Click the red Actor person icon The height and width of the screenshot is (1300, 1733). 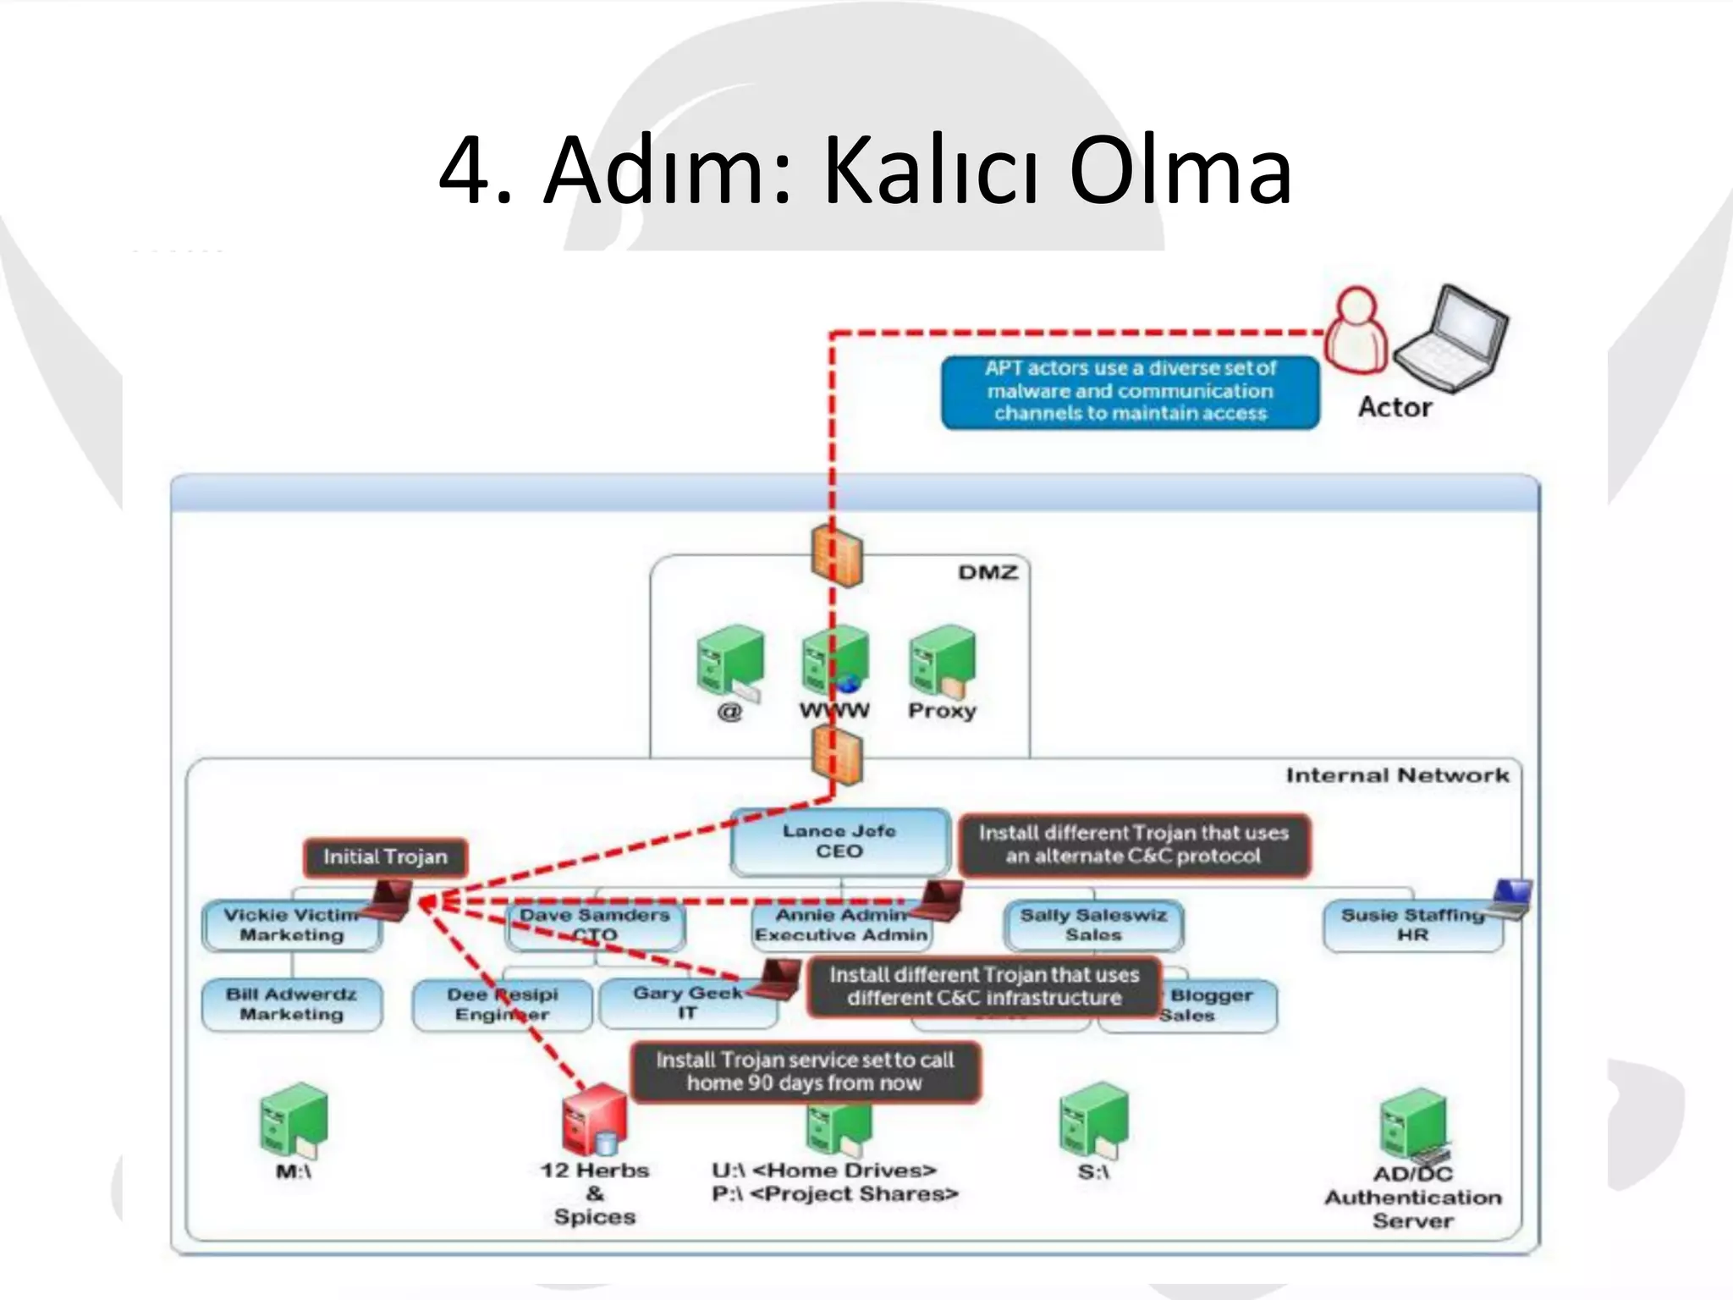(1356, 332)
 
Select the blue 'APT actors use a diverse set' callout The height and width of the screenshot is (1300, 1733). (1130, 391)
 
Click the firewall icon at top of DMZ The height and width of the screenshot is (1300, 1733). (836, 556)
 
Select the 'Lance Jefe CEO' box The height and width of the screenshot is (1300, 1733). (839, 841)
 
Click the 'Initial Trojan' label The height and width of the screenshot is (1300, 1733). (385, 857)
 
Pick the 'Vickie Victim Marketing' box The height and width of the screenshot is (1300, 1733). (290, 925)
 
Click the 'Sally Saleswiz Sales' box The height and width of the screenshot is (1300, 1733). (1092, 925)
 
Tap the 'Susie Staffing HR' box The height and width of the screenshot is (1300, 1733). (1411, 925)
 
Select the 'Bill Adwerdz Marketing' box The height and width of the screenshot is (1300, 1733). (291, 1004)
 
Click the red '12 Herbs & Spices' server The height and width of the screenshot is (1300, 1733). (593, 1119)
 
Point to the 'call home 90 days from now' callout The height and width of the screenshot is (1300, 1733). (805, 1071)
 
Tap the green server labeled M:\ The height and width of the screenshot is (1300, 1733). (293, 1120)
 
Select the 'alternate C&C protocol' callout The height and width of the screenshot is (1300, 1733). (1133, 845)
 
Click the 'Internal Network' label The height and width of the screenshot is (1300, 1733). (1396, 775)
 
